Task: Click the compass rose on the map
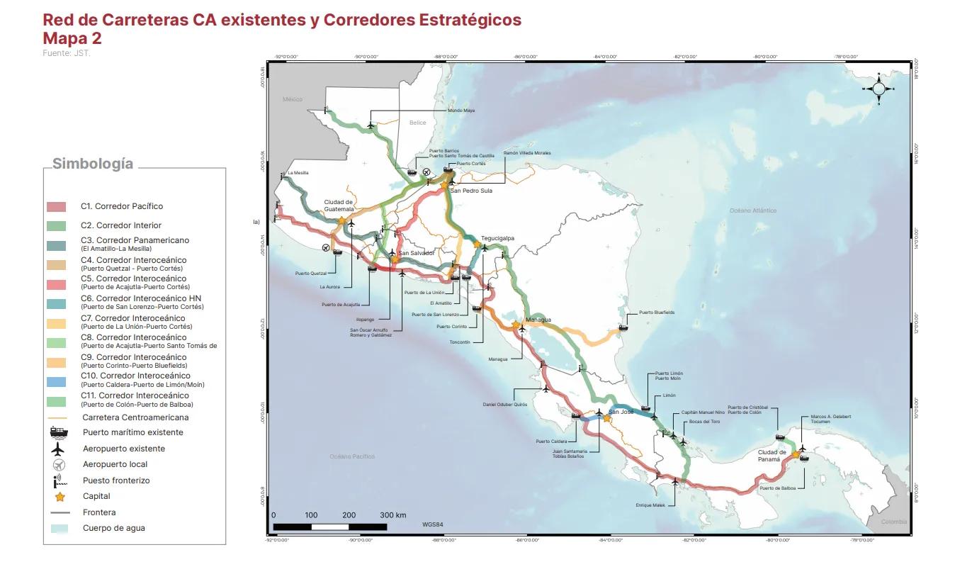click(878, 89)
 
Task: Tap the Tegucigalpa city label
click(497, 238)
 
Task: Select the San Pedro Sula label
click(471, 191)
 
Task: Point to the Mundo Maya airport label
click(460, 111)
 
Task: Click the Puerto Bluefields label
click(657, 312)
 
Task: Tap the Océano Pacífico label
click(352, 456)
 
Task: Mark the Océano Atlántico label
click(753, 210)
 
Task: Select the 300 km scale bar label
click(392, 515)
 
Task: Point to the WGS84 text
click(431, 524)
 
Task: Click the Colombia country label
click(893, 522)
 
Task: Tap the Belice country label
click(418, 123)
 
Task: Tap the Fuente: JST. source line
click(67, 53)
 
